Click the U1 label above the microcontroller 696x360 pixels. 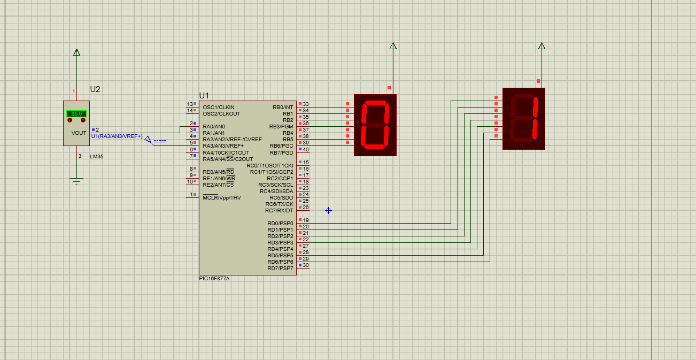coord(204,95)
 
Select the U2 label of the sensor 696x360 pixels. coord(95,89)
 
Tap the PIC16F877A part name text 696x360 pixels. coord(218,279)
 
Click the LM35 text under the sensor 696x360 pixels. coord(97,156)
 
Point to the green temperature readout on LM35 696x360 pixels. coord(76,114)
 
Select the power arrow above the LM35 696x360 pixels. coord(76,52)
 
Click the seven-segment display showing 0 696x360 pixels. coord(375,125)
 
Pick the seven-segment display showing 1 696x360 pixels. coord(524,119)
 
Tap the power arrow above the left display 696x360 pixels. coord(393,47)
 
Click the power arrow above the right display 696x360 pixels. coord(542,46)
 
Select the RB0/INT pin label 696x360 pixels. coord(283,107)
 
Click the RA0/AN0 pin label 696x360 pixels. coord(214,127)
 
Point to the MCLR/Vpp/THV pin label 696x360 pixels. coord(222,198)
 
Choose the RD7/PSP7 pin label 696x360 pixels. coord(280,269)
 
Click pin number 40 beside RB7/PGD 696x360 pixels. coord(306,149)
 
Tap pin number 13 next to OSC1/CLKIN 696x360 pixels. coord(189,104)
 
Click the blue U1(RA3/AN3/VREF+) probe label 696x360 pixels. coord(117,136)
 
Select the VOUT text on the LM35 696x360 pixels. coord(79,133)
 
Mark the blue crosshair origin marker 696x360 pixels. coord(328,211)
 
